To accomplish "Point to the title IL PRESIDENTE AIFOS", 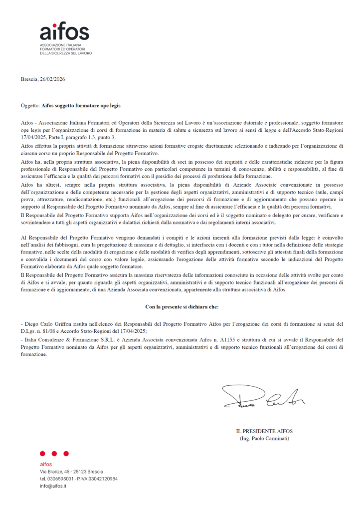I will pos(264,431).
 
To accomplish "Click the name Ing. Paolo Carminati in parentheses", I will pos(264,438).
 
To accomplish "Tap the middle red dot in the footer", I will pos(54,454).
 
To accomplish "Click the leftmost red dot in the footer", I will pos(42,454).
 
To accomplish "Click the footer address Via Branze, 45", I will pos(55,472).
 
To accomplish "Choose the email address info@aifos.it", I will pos(53,486).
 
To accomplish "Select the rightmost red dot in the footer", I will pos(66,454).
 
